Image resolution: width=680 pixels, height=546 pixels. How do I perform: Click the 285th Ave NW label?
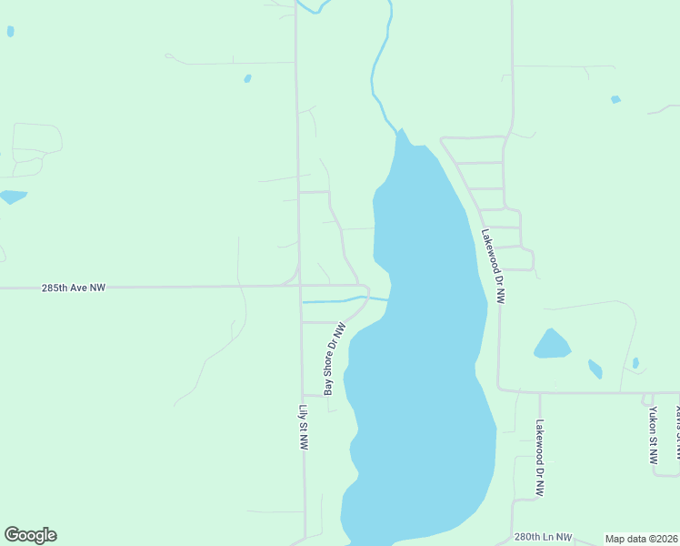click(x=74, y=288)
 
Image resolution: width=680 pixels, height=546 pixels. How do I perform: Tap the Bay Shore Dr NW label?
click(x=335, y=359)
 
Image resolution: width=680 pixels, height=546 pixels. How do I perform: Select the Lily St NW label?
click(x=305, y=428)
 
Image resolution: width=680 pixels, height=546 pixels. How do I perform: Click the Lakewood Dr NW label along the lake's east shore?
click(x=493, y=265)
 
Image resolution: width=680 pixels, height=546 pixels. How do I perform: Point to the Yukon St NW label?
click(x=653, y=435)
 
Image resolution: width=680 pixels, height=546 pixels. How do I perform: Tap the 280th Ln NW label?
click(x=543, y=538)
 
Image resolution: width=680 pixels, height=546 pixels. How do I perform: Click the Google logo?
click(x=30, y=535)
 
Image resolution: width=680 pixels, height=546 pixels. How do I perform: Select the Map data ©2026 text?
click(x=641, y=539)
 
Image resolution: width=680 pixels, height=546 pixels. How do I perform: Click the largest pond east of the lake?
click(x=551, y=345)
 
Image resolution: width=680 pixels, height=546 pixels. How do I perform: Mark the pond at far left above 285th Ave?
click(x=13, y=197)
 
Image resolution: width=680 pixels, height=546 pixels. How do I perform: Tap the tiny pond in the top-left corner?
click(x=10, y=31)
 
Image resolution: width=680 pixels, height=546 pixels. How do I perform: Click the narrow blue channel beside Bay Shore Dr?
click(x=332, y=299)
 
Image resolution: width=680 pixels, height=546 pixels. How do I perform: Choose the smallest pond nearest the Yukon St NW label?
click(x=635, y=363)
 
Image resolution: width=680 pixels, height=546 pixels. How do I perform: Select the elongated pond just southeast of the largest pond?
click(x=595, y=369)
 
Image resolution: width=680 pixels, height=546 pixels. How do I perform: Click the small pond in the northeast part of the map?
click(x=615, y=99)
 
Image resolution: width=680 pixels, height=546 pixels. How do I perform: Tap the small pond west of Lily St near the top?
click(x=247, y=79)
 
